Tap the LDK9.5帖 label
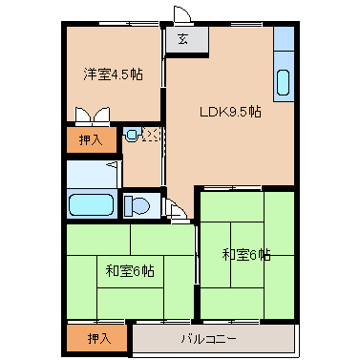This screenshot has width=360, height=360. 230,111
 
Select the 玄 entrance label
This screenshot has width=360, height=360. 181,40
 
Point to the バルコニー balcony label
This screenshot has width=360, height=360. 210,339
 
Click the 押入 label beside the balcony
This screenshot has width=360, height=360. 98,338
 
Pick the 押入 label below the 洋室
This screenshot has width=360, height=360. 92,139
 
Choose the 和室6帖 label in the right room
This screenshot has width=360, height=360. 246,255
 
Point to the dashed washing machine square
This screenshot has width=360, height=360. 152,136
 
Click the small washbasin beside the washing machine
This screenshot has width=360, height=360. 132,135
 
